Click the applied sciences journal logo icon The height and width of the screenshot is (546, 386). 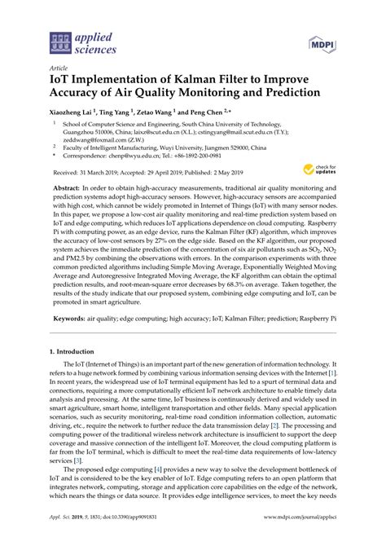pyautogui.click(x=62, y=38)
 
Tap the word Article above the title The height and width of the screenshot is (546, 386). pyautogui.click(x=59, y=68)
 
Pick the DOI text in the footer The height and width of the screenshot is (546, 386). pyautogui.click(x=129, y=539)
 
